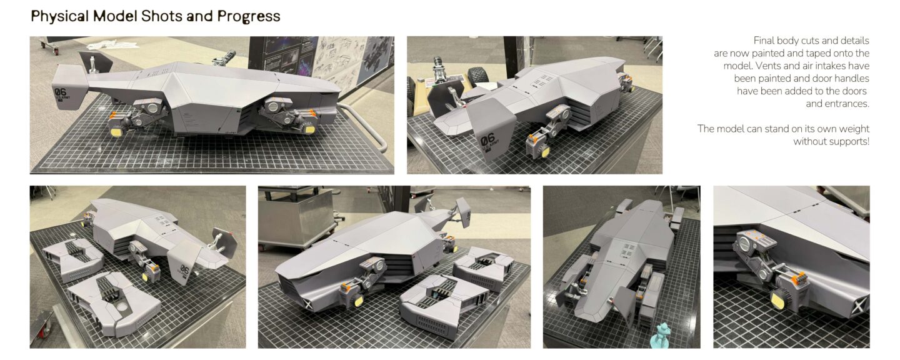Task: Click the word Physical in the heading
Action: [x=59, y=16]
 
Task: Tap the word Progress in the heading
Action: [x=249, y=17]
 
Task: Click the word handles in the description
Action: [x=852, y=78]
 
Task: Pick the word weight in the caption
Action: [x=853, y=129]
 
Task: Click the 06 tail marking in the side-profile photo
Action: [x=60, y=92]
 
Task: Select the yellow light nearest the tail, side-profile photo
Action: [x=116, y=131]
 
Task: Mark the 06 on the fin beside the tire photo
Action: [x=487, y=140]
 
